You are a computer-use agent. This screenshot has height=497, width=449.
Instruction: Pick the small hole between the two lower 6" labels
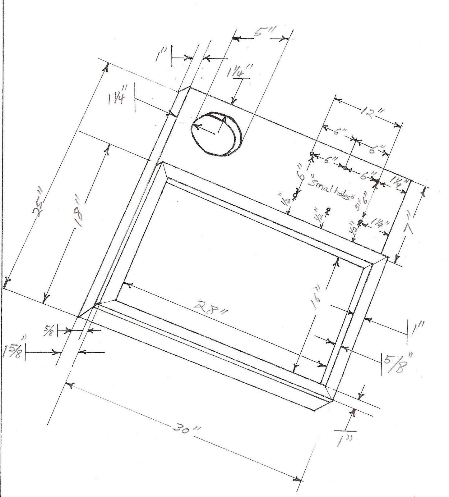[x=345, y=168]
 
